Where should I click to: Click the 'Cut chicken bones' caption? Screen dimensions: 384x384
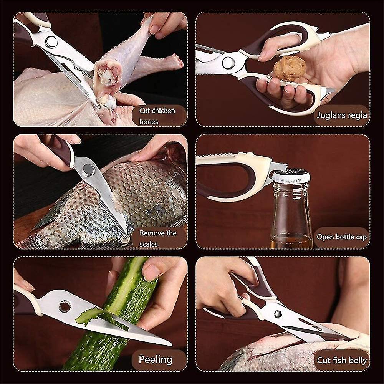pos(157,116)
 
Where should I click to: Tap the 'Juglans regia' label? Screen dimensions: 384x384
pos(342,115)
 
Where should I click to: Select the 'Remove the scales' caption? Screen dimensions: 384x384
pos(158,238)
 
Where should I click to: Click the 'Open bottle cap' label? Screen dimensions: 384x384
pos(341,237)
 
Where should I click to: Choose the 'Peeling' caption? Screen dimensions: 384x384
pos(155,359)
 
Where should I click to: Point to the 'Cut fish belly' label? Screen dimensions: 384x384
pos(341,360)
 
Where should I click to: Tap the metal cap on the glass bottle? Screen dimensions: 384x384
pos(291,176)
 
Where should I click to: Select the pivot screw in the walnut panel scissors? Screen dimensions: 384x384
pos(228,63)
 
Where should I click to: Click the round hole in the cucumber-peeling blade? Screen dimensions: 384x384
pos(65,306)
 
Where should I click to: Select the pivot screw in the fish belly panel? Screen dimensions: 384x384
pos(278,314)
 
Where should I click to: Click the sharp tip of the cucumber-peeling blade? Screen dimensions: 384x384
pos(169,344)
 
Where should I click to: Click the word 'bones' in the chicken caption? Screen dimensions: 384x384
pos(149,121)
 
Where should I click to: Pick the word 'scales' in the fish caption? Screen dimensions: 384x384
pos(149,244)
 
